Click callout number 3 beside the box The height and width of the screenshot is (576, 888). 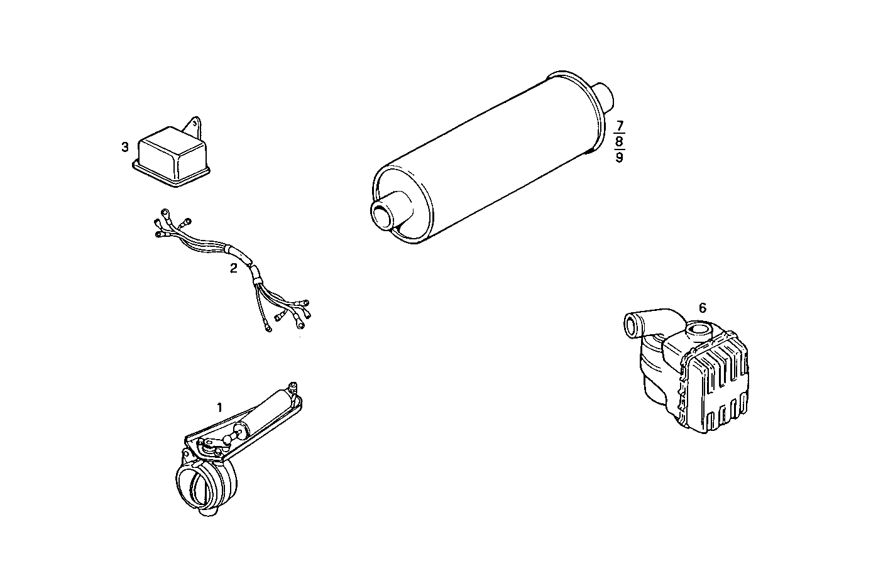pyautogui.click(x=125, y=147)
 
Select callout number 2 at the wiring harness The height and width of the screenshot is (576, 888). pyautogui.click(x=234, y=268)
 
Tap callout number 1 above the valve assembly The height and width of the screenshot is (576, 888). pyautogui.click(x=219, y=407)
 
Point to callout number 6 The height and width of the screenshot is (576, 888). pyautogui.click(x=703, y=308)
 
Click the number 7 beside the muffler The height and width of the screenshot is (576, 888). pyautogui.click(x=620, y=125)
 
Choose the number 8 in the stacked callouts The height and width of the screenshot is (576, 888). pyautogui.click(x=620, y=141)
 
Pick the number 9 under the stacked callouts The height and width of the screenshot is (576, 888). pyautogui.click(x=620, y=157)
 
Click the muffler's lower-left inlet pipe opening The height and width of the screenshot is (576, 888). pyautogui.click(x=381, y=215)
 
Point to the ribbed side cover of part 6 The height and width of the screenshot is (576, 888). pyautogui.click(x=716, y=389)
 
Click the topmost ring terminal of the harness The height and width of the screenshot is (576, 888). pyautogui.click(x=165, y=212)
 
